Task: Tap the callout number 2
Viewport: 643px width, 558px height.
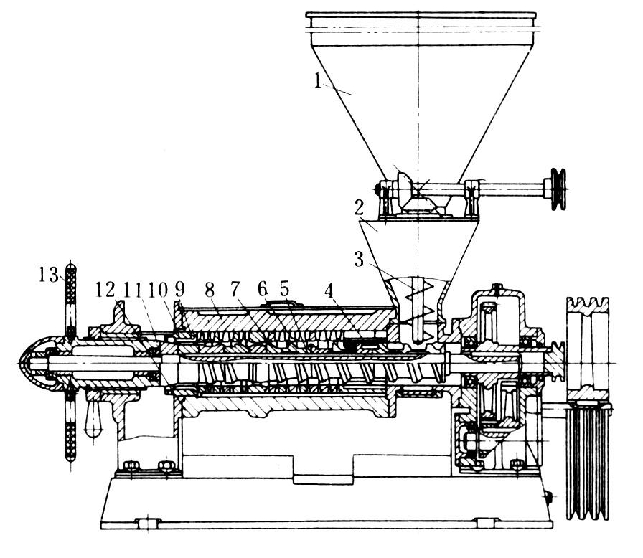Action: tap(360, 209)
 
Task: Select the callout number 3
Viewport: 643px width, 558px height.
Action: tap(359, 259)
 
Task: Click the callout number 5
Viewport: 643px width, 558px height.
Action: tap(285, 289)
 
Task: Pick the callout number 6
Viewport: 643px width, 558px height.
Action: tap(263, 289)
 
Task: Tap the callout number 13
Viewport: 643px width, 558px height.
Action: tap(49, 274)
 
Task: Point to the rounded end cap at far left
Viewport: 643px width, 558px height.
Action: tap(34, 363)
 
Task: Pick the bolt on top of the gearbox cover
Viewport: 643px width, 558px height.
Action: tap(497, 288)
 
